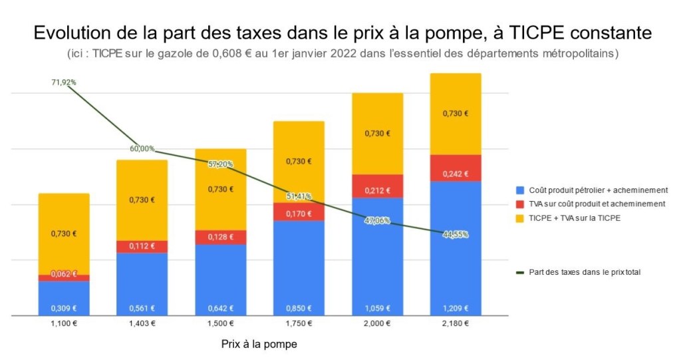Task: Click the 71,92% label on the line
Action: tap(64, 83)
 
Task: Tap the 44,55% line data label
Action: tap(456, 234)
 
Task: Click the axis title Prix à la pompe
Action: tap(259, 345)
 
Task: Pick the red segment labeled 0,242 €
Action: tap(456, 168)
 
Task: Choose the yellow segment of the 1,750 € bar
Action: tap(299, 162)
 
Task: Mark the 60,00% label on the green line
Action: tap(142, 148)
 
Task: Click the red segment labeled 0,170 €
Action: tap(299, 212)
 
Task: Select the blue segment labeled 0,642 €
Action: tap(220, 279)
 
